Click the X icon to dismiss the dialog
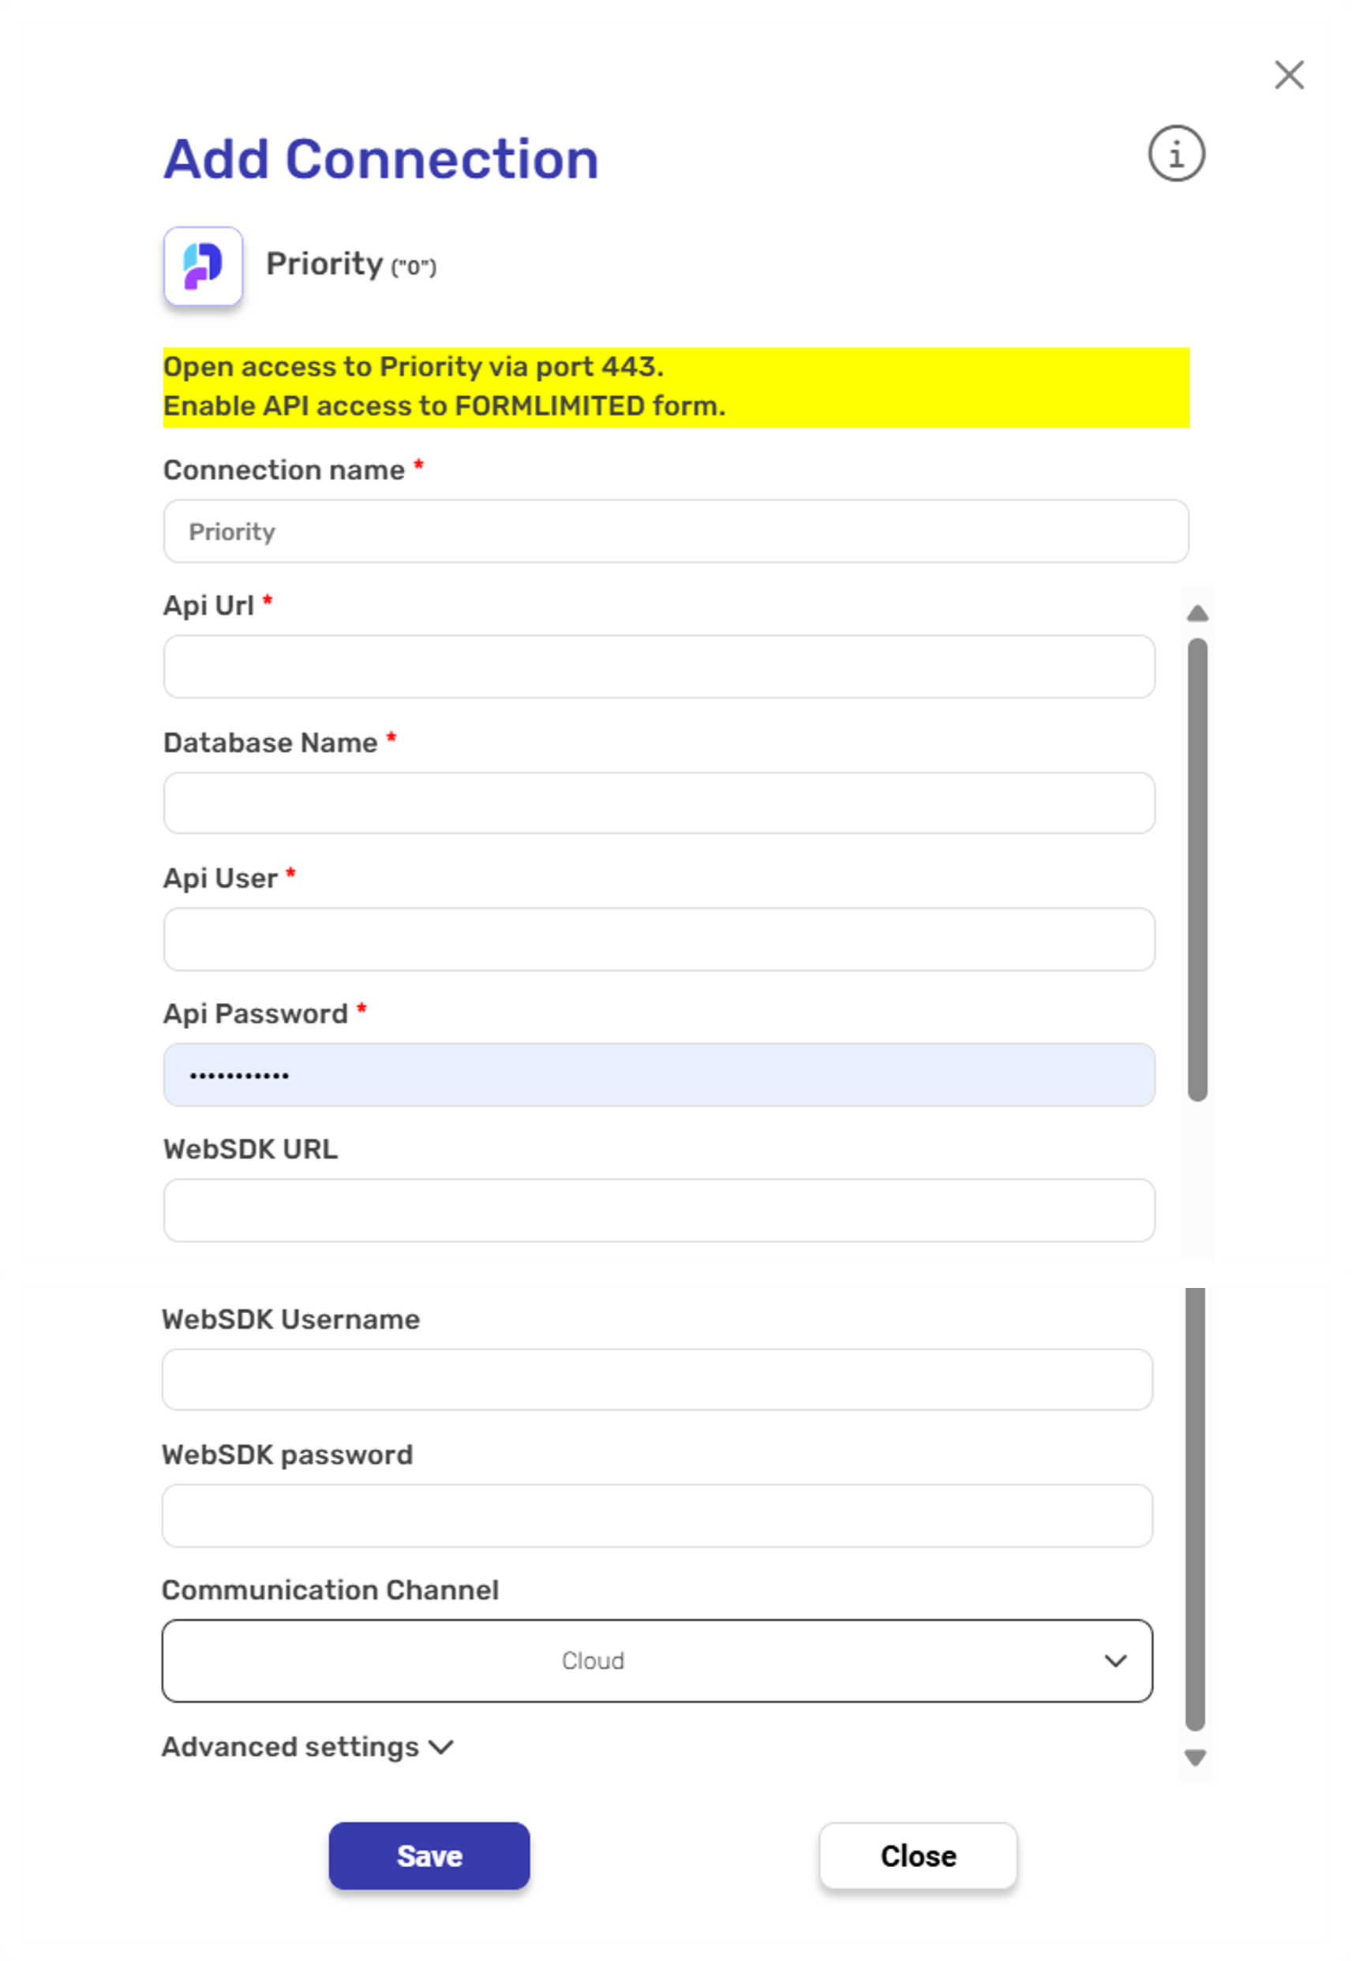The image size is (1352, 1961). pos(1289,76)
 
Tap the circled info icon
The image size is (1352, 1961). pos(1176,154)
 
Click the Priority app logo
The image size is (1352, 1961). pos(204,266)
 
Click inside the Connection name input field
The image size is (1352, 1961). pos(675,531)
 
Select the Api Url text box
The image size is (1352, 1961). pos(658,667)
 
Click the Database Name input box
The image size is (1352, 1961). pos(658,803)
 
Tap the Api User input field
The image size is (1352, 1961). pos(658,938)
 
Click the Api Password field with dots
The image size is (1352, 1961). pos(658,1074)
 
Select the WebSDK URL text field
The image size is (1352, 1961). pos(658,1210)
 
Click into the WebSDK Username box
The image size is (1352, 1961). pos(657,1379)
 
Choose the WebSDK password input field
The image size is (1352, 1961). pos(657,1514)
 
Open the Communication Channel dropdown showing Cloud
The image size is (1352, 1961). pos(657,1660)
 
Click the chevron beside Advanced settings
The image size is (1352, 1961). pos(441,1746)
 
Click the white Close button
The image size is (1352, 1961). pos(917,1855)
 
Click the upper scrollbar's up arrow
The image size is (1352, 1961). pos(1197,613)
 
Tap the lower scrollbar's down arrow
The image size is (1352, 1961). pos(1194,1757)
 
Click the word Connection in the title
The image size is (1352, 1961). pos(441,159)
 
